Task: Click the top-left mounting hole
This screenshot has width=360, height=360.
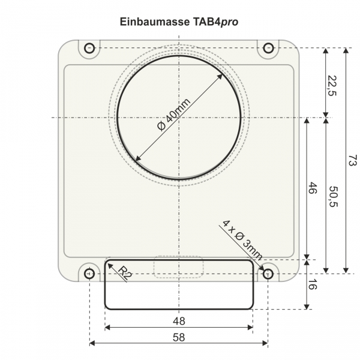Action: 90,48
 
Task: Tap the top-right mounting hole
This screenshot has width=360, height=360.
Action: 268,48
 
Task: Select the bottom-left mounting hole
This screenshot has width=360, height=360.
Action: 89,274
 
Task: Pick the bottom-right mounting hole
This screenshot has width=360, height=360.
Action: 268,274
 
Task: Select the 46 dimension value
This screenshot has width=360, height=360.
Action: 312,188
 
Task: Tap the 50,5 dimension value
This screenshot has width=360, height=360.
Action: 332,197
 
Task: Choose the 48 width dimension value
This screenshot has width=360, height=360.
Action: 179,320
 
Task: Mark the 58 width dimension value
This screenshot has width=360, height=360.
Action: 179,337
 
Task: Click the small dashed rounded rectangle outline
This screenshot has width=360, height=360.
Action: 179,267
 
